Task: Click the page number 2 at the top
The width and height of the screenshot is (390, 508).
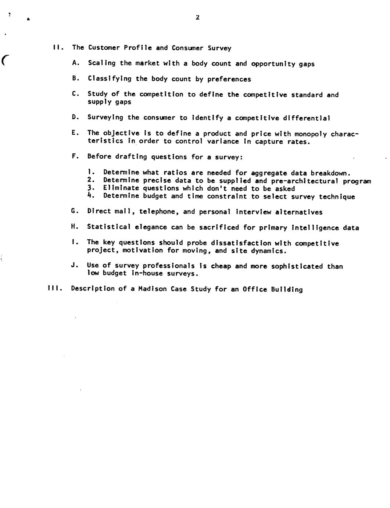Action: pos(197,17)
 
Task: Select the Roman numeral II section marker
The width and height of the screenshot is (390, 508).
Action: pos(57,47)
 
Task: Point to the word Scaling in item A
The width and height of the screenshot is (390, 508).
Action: pos(102,63)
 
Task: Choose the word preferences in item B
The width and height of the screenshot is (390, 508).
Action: pos(229,79)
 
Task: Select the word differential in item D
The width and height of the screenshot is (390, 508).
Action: pos(306,118)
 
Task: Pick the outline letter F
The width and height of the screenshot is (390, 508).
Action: pos(74,156)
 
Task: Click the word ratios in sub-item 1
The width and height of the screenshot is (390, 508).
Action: pos(175,173)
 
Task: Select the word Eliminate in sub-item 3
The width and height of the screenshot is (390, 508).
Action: pos(121,188)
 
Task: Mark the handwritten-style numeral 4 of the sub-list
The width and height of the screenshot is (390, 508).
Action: pos(90,195)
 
